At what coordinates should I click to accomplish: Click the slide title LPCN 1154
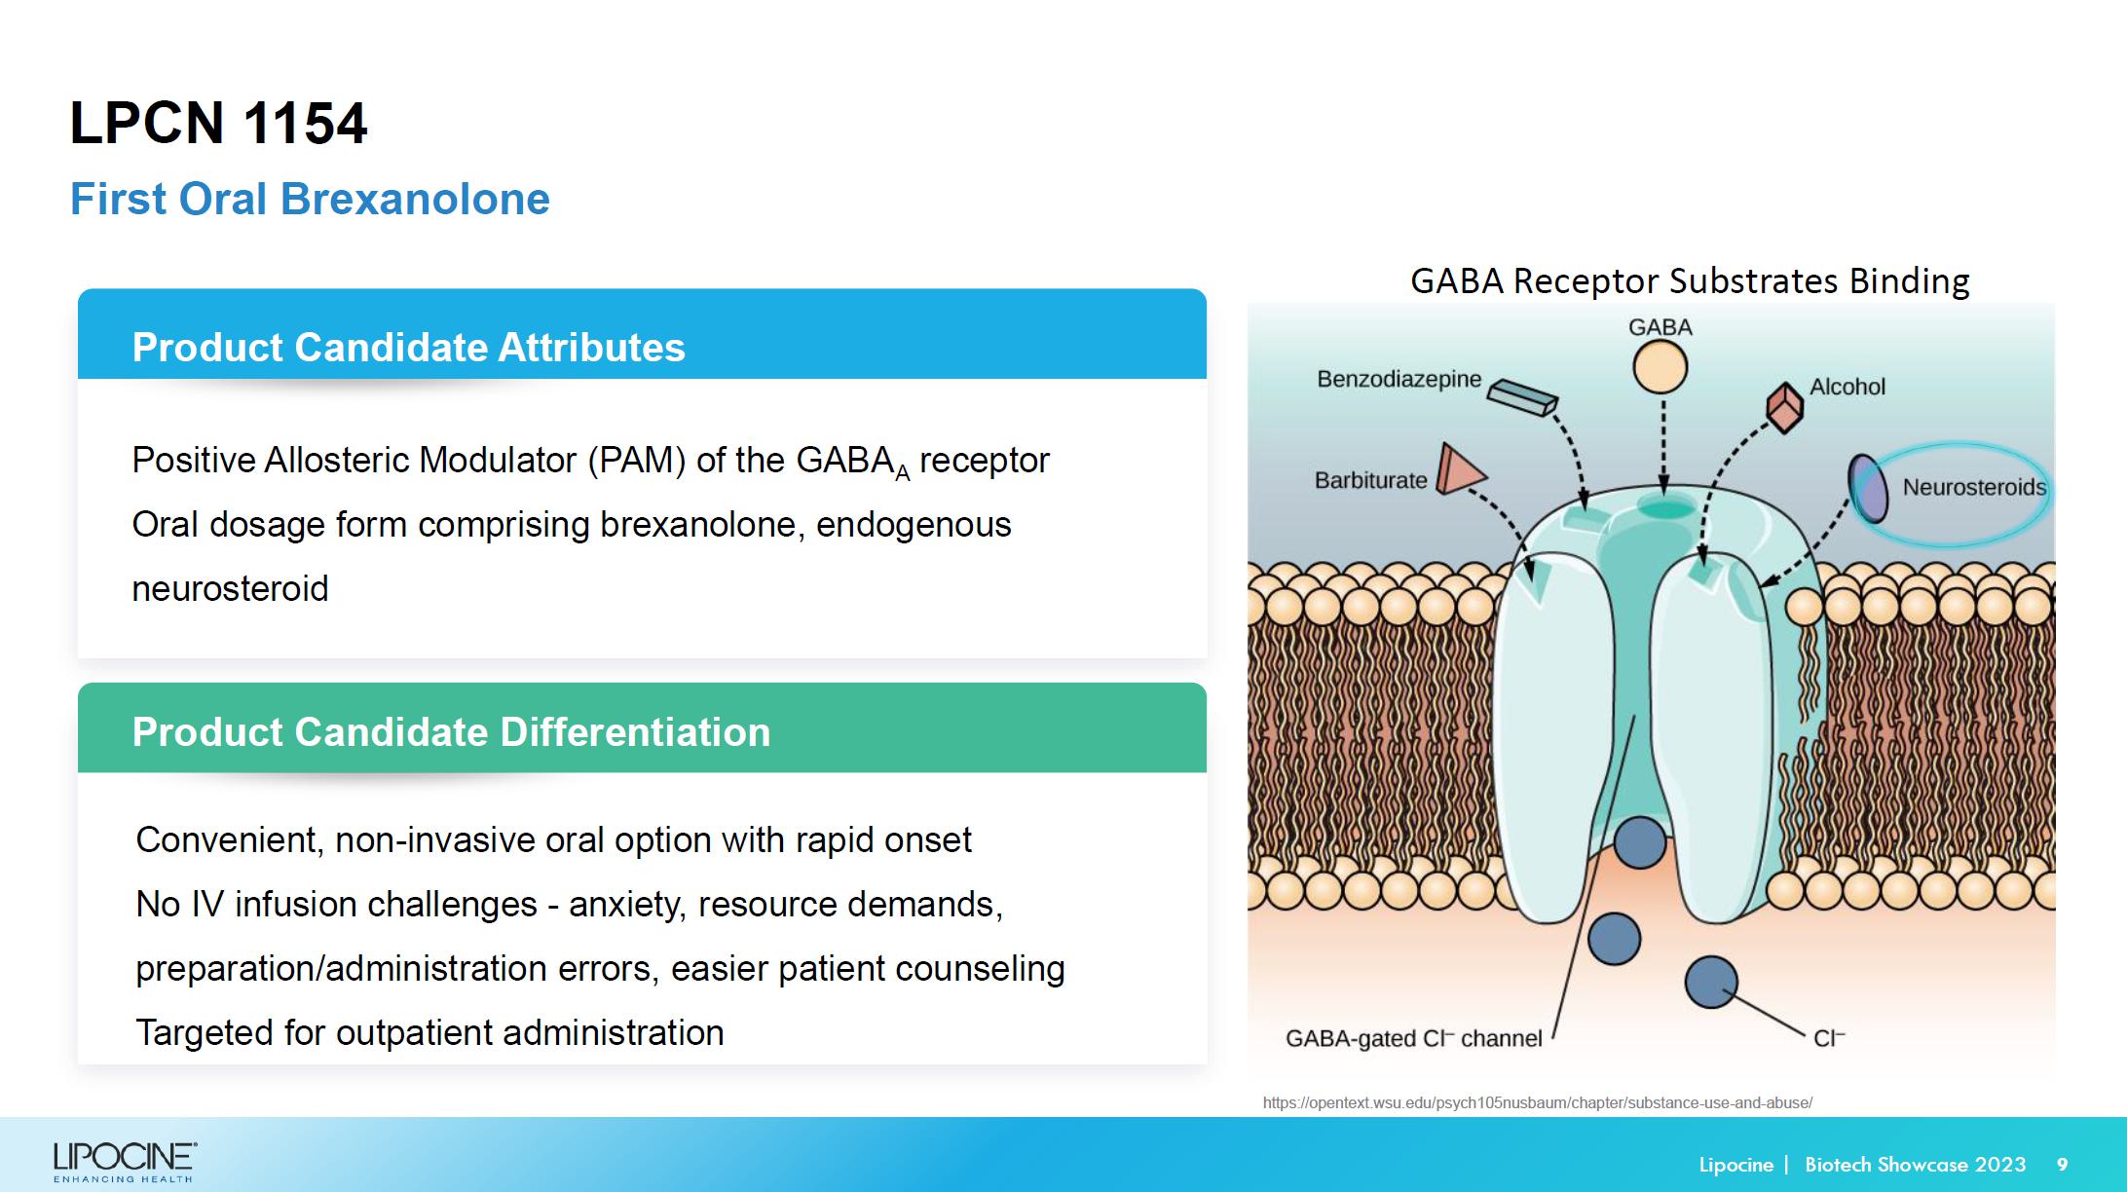click(x=218, y=124)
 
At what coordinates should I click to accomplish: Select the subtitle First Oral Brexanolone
click(x=310, y=200)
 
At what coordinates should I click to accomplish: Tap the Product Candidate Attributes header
click(x=408, y=348)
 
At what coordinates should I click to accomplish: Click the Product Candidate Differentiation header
click(x=451, y=732)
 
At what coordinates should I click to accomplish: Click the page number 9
click(x=2062, y=1165)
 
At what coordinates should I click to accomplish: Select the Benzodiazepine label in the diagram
click(x=1399, y=379)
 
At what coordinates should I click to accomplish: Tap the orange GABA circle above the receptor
click(x=1660, y=368)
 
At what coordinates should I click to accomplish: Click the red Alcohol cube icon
click(x=1784, y=407)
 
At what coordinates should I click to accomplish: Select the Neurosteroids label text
click(x=1974, y=487)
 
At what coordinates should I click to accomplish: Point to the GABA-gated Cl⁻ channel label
click(x=1413, y=1038)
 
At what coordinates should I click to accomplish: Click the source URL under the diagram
click(x=1537, y=1102)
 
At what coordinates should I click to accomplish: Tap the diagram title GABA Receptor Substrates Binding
click(x=1690, y=280)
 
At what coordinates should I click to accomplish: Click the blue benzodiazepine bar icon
click(x=1523, y=396)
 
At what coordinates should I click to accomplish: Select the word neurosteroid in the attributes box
click(x=230, y=589)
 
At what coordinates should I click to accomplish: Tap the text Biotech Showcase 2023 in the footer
click(x=1915, y=1165)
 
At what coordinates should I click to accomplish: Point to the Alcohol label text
click(x=1847, y=387)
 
